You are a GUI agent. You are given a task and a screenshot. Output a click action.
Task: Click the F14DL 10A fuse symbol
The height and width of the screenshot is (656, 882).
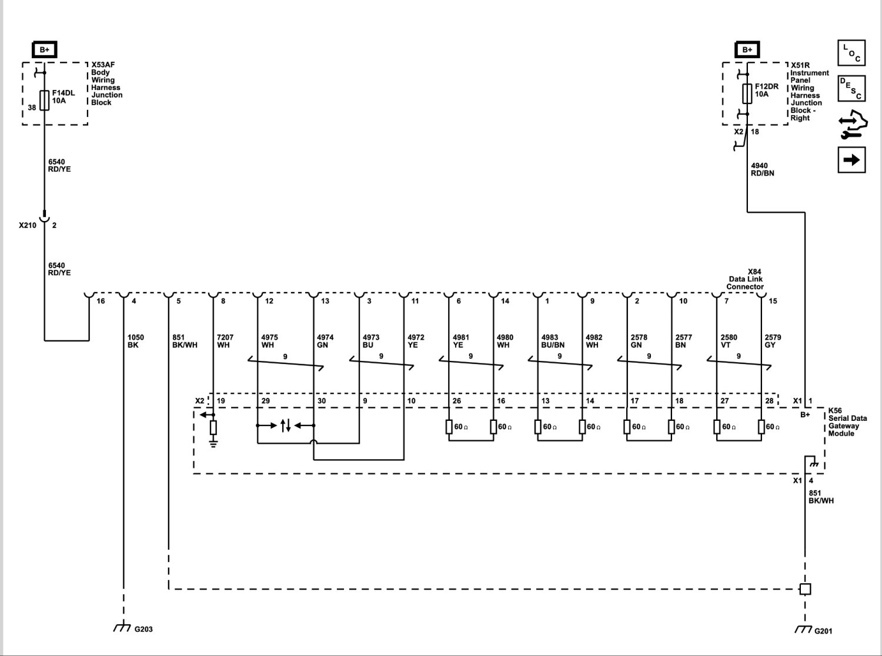[45, 100]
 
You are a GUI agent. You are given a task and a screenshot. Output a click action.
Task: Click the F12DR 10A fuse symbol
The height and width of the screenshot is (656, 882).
[747, 94]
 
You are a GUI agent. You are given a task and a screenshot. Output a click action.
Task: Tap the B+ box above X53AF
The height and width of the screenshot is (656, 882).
[45, 50]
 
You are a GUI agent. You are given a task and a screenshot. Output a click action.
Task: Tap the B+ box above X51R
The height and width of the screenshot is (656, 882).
[747, 50]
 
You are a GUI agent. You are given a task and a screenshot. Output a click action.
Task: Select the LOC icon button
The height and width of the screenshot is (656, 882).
[851, 52]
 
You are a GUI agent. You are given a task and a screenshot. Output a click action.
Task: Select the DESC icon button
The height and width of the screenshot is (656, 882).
[851, 88]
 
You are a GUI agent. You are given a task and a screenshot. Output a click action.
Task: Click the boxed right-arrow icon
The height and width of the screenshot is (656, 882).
[851, 160]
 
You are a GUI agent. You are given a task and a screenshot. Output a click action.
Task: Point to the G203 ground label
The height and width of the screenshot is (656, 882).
[143, 629]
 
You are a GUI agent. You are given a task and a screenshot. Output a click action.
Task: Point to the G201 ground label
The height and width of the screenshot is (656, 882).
[823, 631]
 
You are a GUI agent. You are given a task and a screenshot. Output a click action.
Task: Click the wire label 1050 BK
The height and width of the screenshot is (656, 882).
[136, 341]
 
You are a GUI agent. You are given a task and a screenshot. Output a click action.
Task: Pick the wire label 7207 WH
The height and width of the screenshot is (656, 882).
[225, 341]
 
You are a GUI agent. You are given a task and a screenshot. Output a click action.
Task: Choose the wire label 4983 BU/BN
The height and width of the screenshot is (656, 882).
[553, 341]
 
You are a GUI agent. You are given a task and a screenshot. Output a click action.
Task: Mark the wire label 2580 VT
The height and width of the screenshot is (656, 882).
[729, 341]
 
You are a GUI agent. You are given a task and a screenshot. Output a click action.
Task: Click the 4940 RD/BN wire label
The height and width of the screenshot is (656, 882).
[762, 169]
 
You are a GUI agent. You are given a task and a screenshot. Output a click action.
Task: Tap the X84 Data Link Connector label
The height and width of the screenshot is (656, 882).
[745, 279]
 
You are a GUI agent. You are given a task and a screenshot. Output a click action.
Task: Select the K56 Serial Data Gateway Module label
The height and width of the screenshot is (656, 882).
[847, 422]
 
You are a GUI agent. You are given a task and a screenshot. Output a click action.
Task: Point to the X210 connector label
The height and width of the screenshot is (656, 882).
[28, 225]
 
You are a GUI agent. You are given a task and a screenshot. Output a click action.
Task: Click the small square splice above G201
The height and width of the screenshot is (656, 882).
[805, 589]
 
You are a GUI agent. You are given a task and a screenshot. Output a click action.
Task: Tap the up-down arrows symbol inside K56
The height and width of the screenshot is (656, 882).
[286, 426]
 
